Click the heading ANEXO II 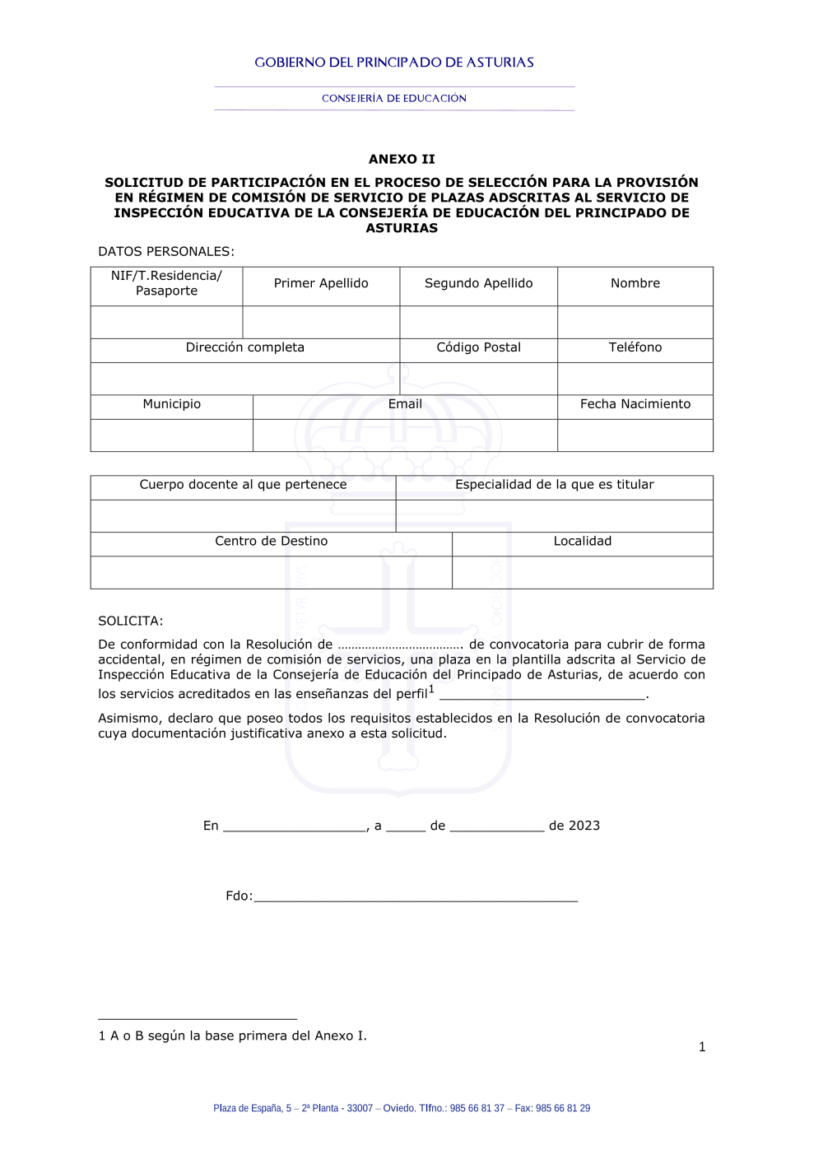402,159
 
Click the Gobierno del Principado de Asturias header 394,63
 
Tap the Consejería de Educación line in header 394,98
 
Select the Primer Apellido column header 321,283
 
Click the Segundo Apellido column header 478,283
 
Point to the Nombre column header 635,283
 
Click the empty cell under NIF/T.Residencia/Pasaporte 166,323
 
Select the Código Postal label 478,347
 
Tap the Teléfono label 635,347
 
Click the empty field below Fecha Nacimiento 635,435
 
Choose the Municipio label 171,404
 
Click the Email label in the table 405,404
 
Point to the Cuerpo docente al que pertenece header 243,485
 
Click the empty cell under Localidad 583,573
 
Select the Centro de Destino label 271,541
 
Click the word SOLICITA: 131,621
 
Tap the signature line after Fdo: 416,896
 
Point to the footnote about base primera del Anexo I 233,1036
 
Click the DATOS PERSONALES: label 166,252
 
